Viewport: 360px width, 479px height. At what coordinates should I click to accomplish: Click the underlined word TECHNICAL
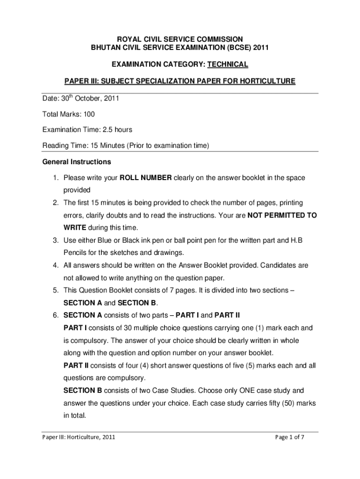click(228, 64)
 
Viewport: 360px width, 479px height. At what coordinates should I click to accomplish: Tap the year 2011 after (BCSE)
click(259, 47)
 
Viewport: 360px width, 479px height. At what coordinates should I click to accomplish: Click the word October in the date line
click(95, 99)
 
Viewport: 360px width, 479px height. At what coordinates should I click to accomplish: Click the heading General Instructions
click(77, 162)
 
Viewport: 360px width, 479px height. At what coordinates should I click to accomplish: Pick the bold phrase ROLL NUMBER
click(146, 178)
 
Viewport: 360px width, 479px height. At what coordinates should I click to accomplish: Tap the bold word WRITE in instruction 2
click(75, 228)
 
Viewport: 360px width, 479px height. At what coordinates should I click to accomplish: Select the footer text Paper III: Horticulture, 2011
click(79, 437)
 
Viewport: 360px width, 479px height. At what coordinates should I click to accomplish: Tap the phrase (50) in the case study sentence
click(282, 403)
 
